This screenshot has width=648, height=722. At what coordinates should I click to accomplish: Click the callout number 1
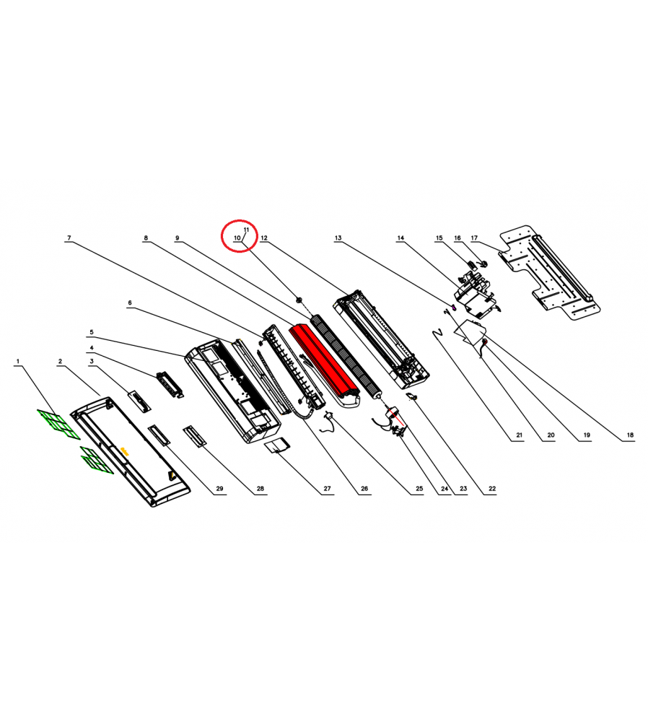[x=18, y=362]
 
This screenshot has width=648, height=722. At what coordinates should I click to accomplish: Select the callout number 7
[x=69, y=238]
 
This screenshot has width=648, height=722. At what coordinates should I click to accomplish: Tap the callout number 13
[x=338, y=238]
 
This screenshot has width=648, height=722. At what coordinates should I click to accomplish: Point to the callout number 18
[x=630, y=435]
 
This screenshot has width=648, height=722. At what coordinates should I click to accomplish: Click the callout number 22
[x=492, y=489]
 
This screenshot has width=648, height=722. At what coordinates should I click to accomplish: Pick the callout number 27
[x=327, y=489]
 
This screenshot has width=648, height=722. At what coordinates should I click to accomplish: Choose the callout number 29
[x=219, y=489]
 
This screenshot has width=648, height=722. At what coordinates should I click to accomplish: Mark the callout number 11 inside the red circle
[x=246, y=230]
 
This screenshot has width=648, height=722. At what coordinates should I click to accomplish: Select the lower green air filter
[x=97, y=460]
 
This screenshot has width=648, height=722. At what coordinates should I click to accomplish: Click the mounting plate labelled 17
[x=550, y=272]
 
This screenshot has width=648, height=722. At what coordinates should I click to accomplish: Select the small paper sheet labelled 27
[x=277, y=445]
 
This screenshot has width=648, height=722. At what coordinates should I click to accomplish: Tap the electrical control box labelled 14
[x=476, y=295]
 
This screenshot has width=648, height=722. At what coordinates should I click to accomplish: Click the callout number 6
[x=130, y=303]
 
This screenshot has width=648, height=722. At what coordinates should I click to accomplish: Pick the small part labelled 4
[x=170, y=384]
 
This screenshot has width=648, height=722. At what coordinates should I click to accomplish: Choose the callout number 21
[x=519, y=435]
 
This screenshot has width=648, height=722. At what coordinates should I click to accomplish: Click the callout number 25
[x=419, y=489]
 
